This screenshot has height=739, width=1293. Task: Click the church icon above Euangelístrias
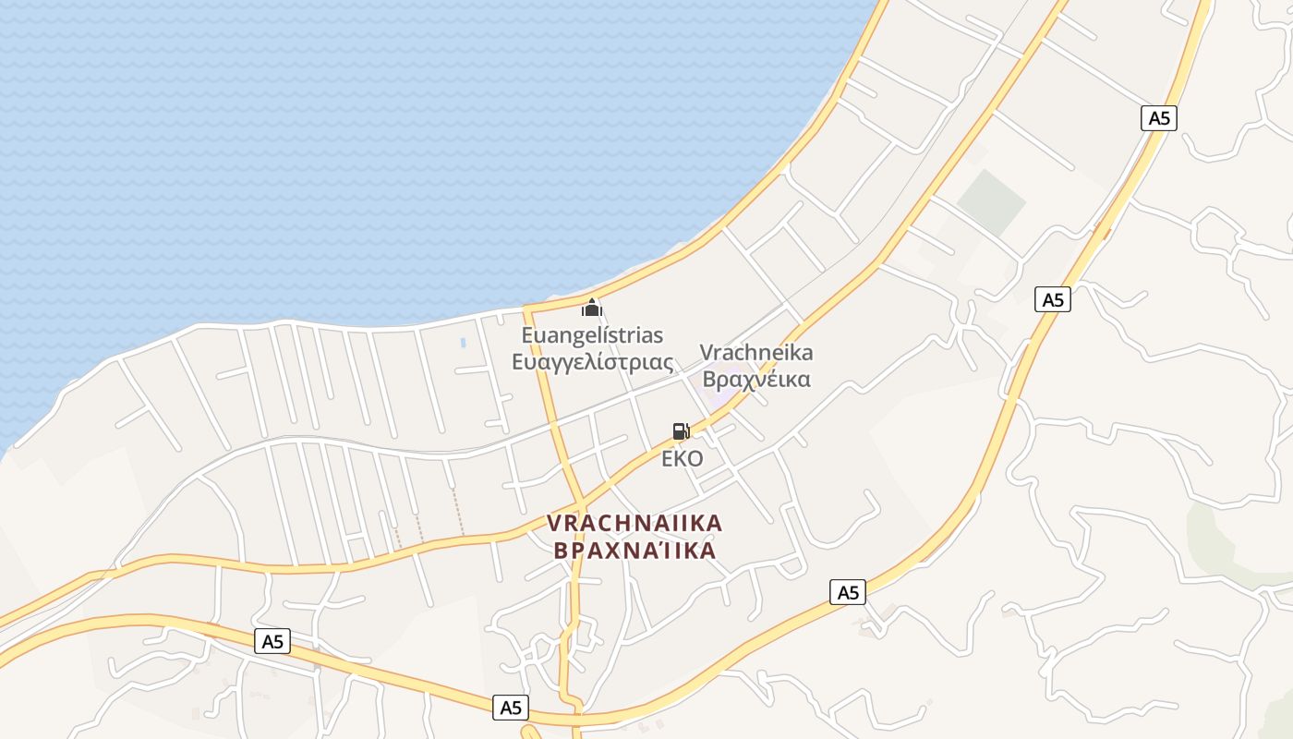592,308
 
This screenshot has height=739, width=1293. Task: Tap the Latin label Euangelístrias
592,334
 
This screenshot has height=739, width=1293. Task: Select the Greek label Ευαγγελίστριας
592,361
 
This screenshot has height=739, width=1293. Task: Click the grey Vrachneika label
755,352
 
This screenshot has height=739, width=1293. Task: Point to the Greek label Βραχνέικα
755,379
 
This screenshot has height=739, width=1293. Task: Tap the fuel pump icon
681,430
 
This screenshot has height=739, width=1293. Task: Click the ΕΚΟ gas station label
682,458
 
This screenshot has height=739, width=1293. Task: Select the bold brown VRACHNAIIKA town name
634,523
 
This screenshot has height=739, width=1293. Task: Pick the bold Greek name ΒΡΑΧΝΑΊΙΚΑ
634,551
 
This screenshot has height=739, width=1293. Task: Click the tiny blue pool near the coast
463,343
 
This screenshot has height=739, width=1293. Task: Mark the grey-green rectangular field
990,201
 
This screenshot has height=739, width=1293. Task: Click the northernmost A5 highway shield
1159,117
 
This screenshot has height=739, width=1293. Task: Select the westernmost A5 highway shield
272,641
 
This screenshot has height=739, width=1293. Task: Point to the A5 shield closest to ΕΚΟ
847,592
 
